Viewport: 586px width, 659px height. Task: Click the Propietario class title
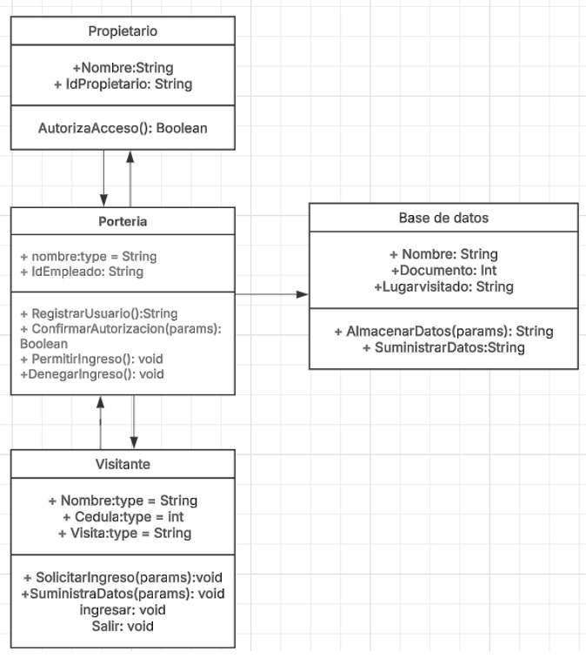[x=123, y=31]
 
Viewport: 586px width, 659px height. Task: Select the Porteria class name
[x=123, y=221]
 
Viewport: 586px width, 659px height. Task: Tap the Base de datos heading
[x=443, y=218]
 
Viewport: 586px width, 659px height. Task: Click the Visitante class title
[x=123, y=464]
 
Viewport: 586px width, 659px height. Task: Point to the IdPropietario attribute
[x=123, y=84]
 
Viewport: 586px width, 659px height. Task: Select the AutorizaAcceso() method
[x=123, y=128]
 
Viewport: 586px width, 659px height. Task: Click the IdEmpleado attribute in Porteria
[x=82, y=272]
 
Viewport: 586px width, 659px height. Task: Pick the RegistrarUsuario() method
[x=98, y=313]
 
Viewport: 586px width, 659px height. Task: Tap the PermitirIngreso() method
[x=91, y=359]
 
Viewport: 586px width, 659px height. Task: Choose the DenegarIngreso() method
[x=92, y=374]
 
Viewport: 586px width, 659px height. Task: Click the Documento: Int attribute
[x=443, y=270]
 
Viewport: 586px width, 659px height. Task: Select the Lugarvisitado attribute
[x=443, y=286]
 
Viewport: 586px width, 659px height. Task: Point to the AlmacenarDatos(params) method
[x=443, y=331]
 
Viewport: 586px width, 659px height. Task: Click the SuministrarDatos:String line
[x=443, y=347]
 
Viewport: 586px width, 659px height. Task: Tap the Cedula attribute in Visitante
[x=123, y=516]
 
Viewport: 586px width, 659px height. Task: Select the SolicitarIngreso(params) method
[x=123, y=577]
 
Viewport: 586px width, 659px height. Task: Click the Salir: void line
[x=123, y=626]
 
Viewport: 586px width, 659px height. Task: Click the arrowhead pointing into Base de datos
[x=303, y=294]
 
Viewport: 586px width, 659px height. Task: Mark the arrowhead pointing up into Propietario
[x=130, y=157]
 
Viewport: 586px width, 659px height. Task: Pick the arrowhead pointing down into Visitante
[x=134, y=442]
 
